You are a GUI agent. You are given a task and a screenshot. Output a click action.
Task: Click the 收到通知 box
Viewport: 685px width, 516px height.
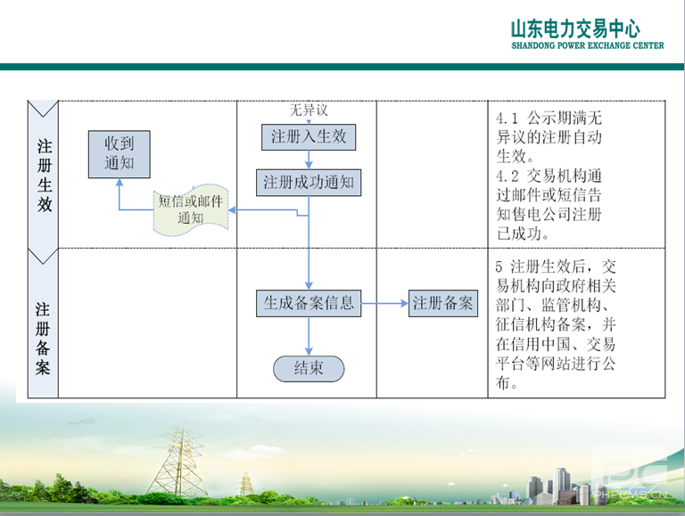pyautogui.click(x=119, y=154)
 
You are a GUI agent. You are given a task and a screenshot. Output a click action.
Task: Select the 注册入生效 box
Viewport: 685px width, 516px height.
pyautogui.click(x=309, y=137)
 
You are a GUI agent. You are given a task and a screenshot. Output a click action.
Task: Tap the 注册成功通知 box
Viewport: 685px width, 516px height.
pyautogui.click(x=309, y=183)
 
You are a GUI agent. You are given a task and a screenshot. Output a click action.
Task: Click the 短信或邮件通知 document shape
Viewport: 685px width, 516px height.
pyautogui.click(x=190, y=209)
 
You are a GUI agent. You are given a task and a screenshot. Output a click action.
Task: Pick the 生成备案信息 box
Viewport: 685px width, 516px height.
pyautogui.click(x=309, y=303)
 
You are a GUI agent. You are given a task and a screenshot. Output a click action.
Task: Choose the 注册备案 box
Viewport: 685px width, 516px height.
pyautogui.click(x=442, y=303)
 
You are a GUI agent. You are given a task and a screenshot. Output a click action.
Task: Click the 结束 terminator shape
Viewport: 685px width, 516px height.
pyautogui.click(x=309, y=368)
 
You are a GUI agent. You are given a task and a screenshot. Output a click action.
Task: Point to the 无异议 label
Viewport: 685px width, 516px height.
pyautogui.click(x=309, y=111)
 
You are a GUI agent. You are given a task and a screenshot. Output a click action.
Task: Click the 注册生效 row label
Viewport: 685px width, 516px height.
pyautogui.click(x=44, y=175)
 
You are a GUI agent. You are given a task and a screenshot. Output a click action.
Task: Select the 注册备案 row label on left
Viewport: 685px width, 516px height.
pyautogui.click(x=43, y=338)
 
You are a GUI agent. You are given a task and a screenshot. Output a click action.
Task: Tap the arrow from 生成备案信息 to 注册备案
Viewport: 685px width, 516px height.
pyautogui.click(x=385, y=303)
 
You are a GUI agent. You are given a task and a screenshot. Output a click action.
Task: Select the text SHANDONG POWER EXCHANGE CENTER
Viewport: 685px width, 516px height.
pyautogui.click(x=587, y=46)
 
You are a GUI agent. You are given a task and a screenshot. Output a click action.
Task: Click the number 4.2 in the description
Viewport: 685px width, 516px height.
pyautogui.click(x=507, y=176)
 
